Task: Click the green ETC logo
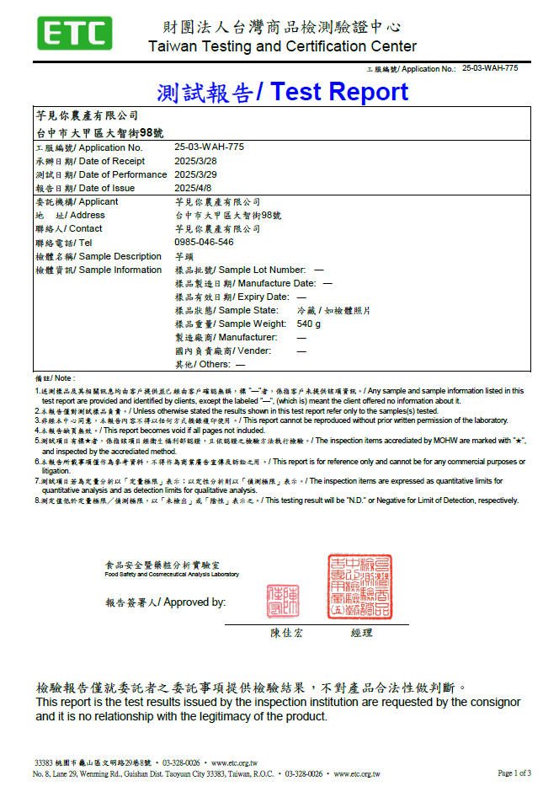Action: tap(74, 34)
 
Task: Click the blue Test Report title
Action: tap(282, 91)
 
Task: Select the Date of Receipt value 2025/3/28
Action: tap(195, 161)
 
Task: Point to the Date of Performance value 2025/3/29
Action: tap(195, 174)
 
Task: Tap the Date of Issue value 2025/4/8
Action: tap(193, 188)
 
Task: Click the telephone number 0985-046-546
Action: tap(204, 243)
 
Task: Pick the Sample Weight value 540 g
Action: tap(309, 324)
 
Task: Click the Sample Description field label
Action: tap(98, 256)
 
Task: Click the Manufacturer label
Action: tap(225, 337)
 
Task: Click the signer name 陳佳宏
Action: tap(287, 633)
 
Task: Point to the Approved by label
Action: tap(165, 602)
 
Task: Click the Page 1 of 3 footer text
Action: tap(514, 773)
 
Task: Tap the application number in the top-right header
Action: tap(491, 68)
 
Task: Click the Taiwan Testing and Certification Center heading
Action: tap(282, 46)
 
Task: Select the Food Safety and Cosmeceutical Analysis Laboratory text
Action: tap(172, 575)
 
